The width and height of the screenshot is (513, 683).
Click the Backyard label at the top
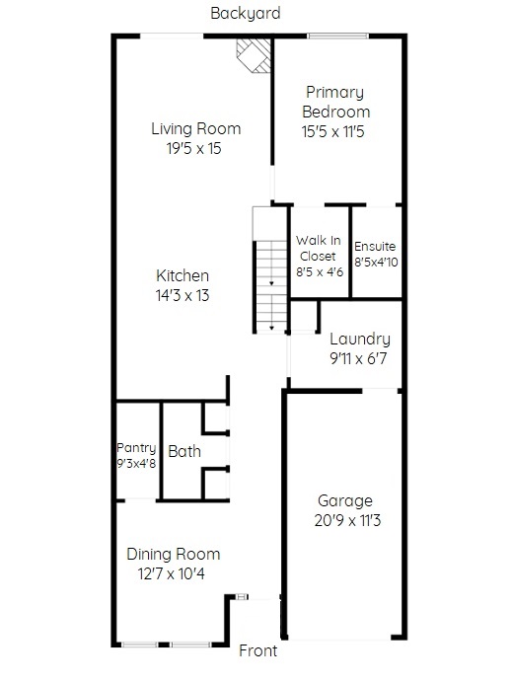click(x=246, y=13)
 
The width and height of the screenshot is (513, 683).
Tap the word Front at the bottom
click(x=257, y=650)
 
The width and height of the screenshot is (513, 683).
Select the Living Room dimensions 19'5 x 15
click(x=193, y=148)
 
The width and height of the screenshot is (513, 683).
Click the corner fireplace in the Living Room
click(x=254, y=55)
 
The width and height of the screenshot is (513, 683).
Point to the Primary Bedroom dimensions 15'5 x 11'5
click(x=333, y=131)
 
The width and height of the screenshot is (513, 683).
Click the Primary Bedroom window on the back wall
click(x=338, y=37)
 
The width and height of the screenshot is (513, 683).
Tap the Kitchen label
click(x=183, y=275)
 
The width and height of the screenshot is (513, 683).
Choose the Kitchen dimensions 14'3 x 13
click(x=183, y=296)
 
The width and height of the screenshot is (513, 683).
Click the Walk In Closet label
click(x=319, y=249)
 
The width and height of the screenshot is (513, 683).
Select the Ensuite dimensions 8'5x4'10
click(x=376, y=263)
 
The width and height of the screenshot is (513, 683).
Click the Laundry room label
click(x=360, y=340)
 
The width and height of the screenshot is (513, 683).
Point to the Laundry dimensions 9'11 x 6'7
click(x=358, y=359)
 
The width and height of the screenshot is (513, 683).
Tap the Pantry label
click(x=136, y=448)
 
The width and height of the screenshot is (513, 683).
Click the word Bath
click(x=184, y=451)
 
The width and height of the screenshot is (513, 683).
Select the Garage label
click(x=345, y=501)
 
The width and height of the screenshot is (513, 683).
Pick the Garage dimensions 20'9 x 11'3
click(x=347, y=520)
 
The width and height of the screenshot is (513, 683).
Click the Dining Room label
click(x=174, y=554)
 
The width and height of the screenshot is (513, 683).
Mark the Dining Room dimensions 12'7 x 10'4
click(x=171, y=574)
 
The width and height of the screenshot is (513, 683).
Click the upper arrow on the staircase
click(x=271, y=283)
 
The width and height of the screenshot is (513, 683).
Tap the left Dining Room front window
click(x=139, y=645)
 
